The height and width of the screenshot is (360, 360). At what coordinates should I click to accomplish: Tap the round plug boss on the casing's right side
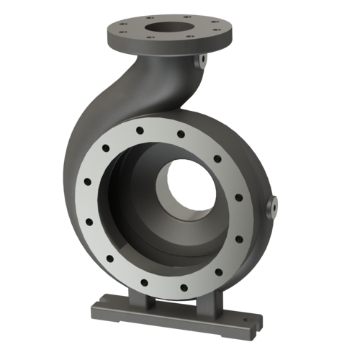coord(274,207)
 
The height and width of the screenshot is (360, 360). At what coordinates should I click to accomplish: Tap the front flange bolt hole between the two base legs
coord(183,287)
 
